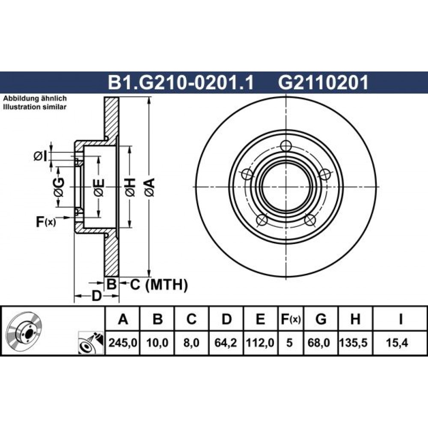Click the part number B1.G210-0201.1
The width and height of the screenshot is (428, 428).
(181, 83)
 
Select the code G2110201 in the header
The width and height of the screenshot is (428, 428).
(323, 83)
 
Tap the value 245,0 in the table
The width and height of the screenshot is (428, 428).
(122, 343)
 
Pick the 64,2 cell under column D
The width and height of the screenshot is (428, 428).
(226, 343)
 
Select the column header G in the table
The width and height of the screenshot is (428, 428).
(321, 319)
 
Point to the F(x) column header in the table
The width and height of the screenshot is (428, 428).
(291, 319)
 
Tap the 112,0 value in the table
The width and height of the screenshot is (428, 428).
(260, 343)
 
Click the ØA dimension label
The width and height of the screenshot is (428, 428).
(149, 187)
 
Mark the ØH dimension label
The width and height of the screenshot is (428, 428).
(130, 187)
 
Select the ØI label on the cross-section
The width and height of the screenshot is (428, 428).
(40, 156)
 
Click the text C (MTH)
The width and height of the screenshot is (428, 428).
(159, 285)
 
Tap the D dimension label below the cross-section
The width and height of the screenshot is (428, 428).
(96, 296)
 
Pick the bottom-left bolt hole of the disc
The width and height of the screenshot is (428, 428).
(262, 220)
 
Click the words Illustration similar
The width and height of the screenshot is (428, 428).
(35, 107)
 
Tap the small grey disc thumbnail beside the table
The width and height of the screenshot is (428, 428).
(25, 330)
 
